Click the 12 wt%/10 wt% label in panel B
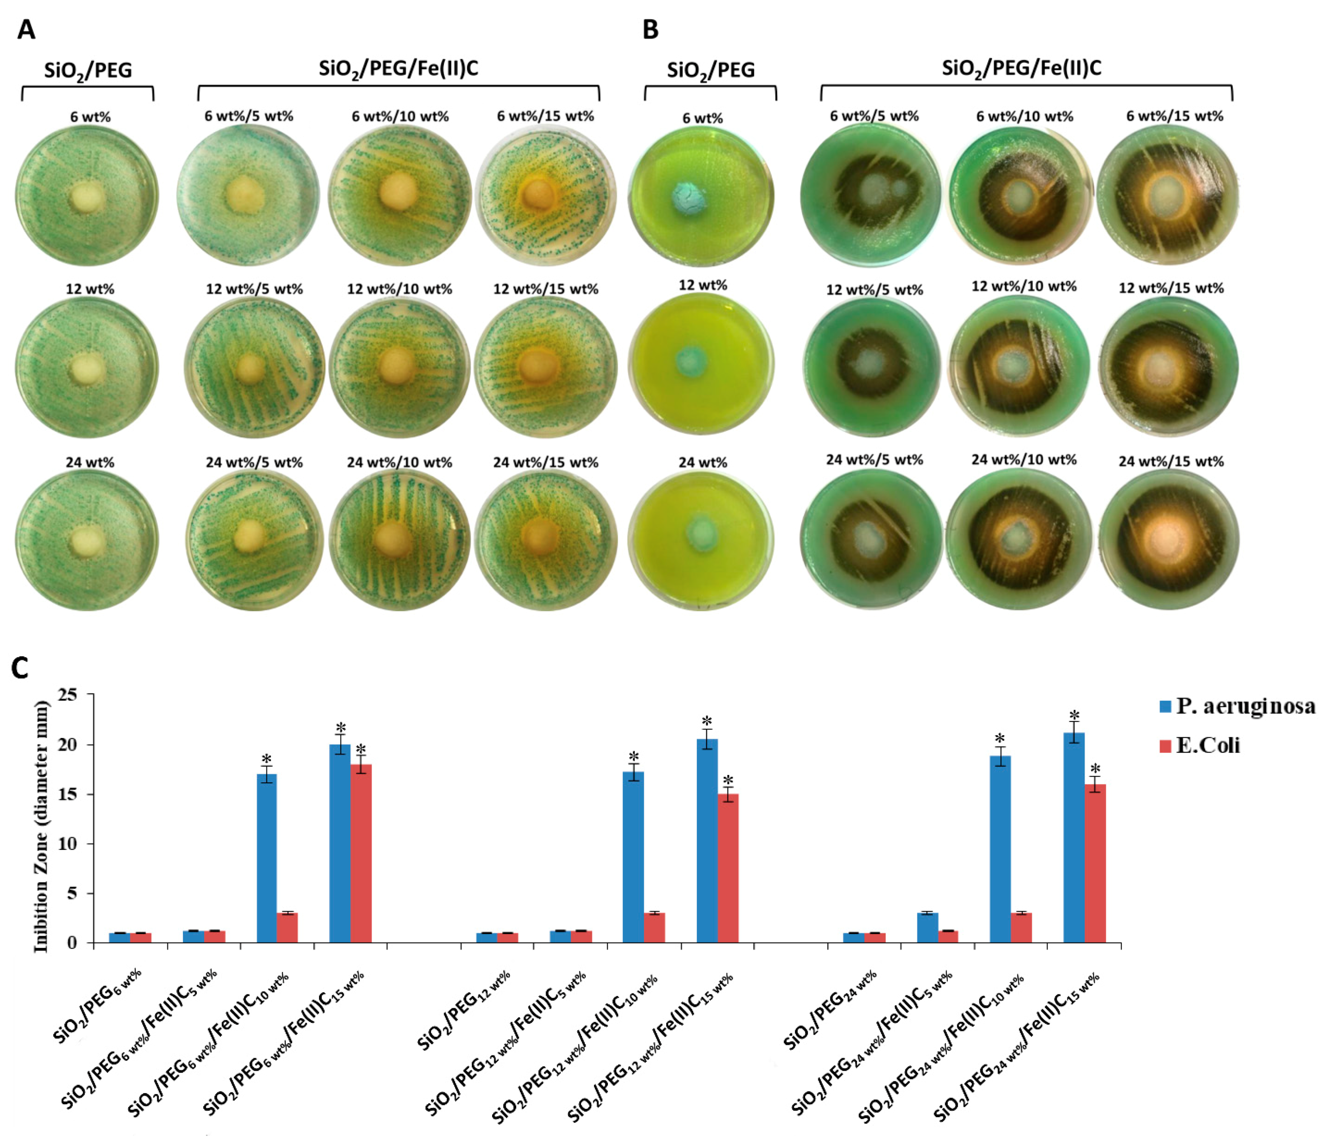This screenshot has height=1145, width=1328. click(x=1024, y=286)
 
